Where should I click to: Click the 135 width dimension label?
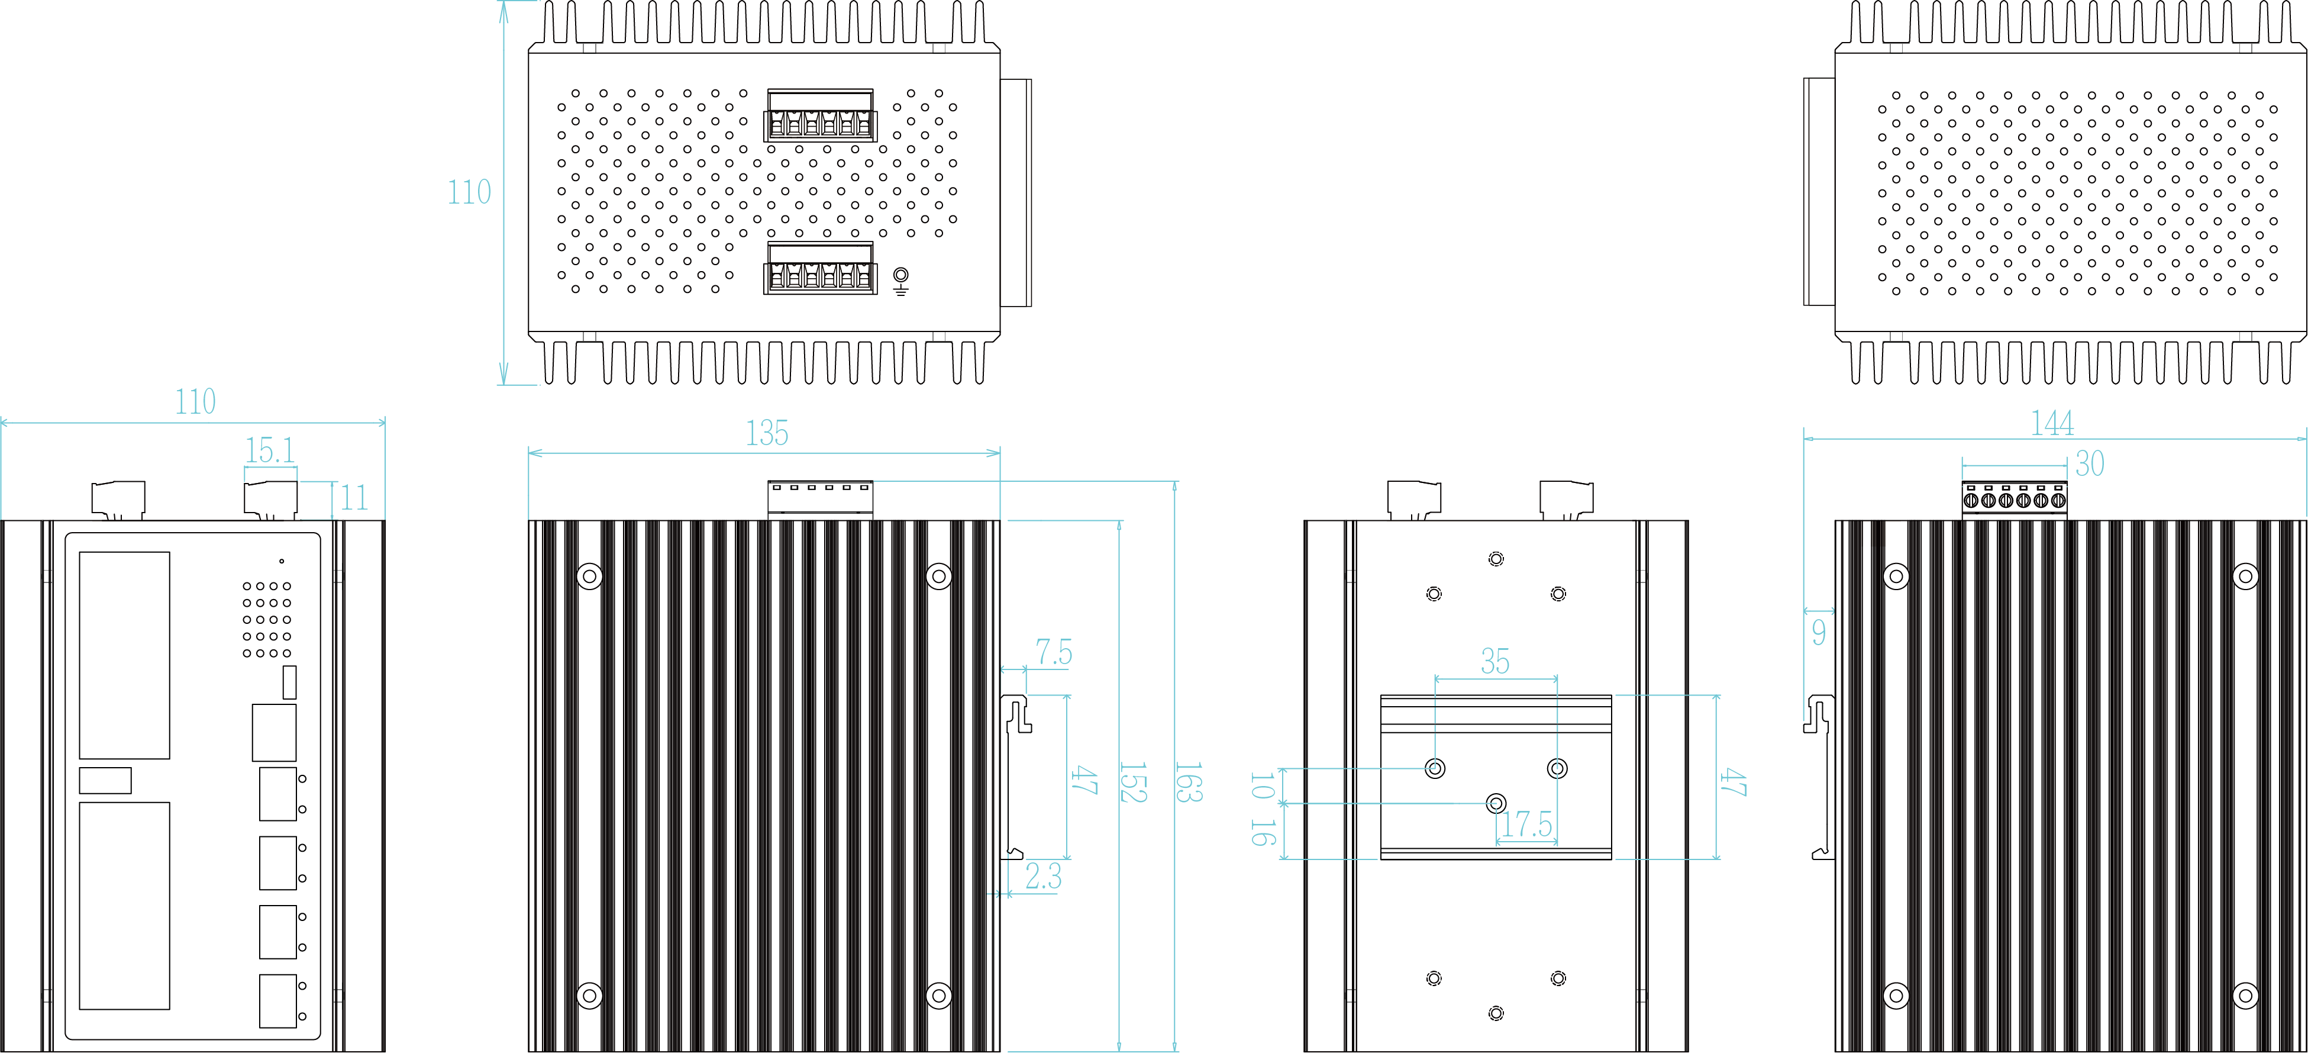coord(767,434)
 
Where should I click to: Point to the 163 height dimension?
coord(1187,782)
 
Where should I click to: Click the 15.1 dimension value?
coord(270,450)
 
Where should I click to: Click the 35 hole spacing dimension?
coord(1494,661)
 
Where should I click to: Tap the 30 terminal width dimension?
coord(2089,463)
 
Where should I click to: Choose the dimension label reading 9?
coord(1818,633)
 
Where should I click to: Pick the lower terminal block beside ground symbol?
coord(820,268)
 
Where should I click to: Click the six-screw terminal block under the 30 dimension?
coord(2014,499)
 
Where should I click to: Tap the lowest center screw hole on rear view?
coord(1495,1013)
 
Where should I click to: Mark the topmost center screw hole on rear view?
coord(1495,559)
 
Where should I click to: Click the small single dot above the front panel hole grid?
coord(282,562)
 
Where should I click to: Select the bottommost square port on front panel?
coord(277,1000)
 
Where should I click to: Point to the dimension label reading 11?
coord(354,498)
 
